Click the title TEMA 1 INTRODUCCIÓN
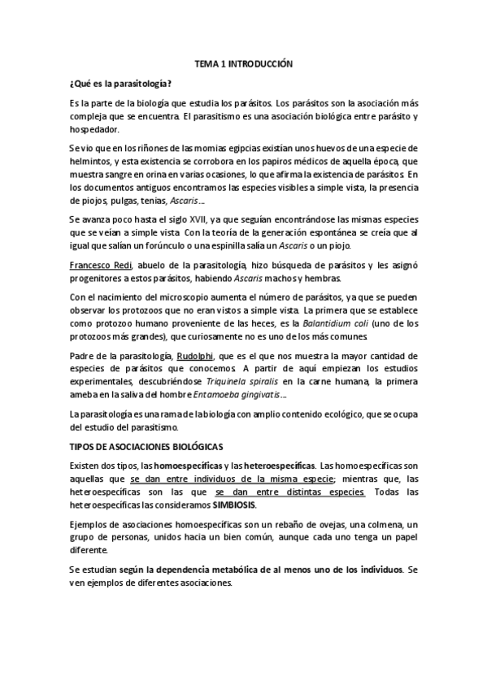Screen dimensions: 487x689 243,63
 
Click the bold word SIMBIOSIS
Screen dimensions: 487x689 236,504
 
